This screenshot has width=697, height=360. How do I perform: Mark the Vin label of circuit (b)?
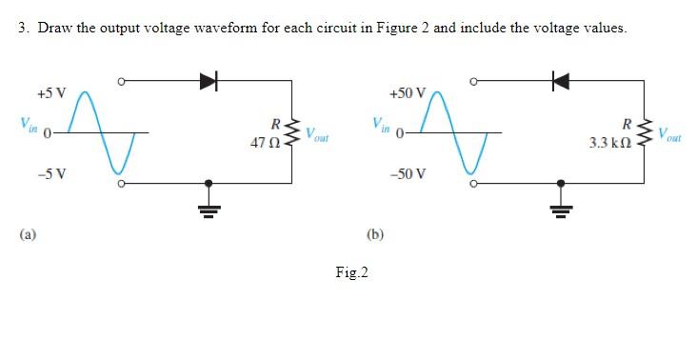point(382,126)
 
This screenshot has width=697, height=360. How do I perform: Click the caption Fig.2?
point(351,273)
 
